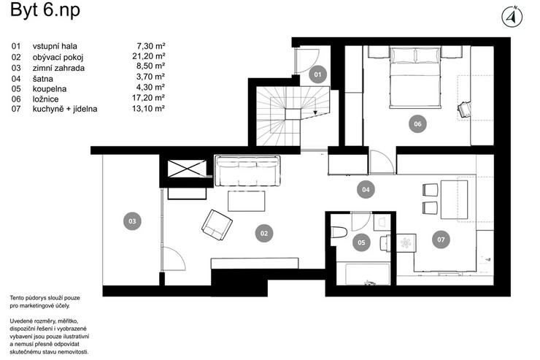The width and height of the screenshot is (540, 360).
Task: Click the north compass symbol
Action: point(512,17)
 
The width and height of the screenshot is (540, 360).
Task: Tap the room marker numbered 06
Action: point(417,124)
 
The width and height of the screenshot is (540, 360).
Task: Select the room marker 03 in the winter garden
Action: point(132,221)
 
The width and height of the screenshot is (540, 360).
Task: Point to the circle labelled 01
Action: point(317,74)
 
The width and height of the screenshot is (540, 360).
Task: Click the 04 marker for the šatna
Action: point(366,189)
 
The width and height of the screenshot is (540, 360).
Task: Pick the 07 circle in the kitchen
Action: point(441,240)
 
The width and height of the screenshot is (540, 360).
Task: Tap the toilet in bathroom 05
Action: point(338,232)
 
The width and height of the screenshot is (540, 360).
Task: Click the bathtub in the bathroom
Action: point(363,274)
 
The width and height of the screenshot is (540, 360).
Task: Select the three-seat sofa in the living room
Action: point(247,171)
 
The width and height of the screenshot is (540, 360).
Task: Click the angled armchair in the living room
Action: point(217,225)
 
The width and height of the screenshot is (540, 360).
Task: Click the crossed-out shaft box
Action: point(187,169)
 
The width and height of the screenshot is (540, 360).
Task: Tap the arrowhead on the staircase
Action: point(315,112)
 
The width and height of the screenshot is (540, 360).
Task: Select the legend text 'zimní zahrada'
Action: point(58,68)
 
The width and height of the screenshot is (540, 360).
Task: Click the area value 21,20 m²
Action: point(148,56)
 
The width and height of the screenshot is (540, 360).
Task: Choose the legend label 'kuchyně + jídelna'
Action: point(65,110)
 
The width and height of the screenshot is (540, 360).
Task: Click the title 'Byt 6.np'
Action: point(45,10)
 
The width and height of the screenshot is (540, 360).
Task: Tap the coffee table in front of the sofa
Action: point(247,202)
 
